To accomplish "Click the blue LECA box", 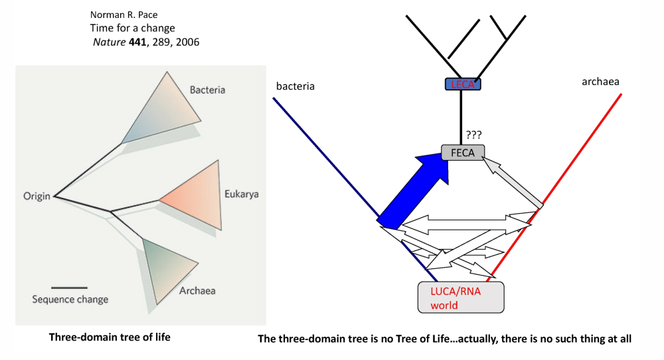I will (x=463, y=84).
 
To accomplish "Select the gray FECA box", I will (x=463, y=153).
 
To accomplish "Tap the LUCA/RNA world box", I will (x=460, y=297).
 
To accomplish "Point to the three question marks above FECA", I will (x=473, y=134).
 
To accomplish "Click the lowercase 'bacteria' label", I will (x=295, y=86).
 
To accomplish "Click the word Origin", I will (x=37, y=197).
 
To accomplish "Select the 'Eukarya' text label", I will (x=241, y=195).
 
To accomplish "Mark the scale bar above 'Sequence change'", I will (x=68, y=288).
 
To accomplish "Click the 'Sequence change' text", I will (x=70, y=299).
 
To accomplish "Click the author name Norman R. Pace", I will (x=118, y=15).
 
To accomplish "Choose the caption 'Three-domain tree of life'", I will (x=110, y=337).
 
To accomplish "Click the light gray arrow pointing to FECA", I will (x=515, y=187).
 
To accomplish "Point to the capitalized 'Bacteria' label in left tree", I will (x=207, y=90).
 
